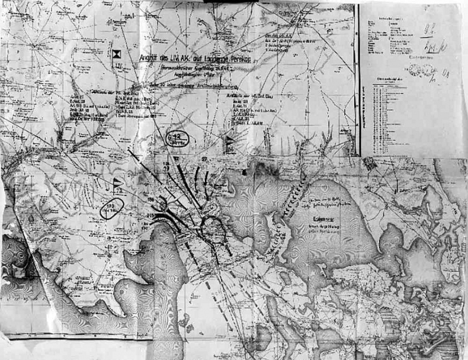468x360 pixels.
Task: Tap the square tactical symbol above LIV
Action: click(x=117, y=54)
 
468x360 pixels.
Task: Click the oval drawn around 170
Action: click(x=111, y=208)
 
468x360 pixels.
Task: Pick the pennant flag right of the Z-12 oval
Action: click(x=229, y=142)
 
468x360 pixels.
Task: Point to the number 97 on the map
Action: click(x=204, y=159)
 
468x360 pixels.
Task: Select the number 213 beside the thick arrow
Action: click(x=150, y=215)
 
